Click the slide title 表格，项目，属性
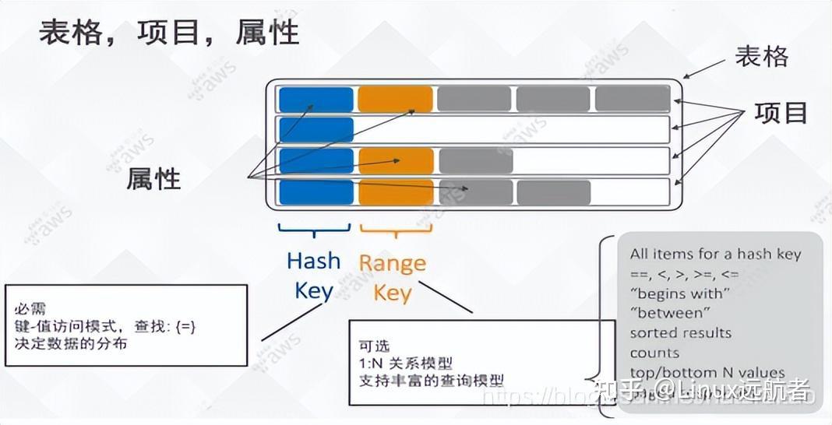point(169,33)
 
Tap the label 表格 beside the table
point(761,57)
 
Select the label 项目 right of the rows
point(781,114)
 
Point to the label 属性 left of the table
point(153,180)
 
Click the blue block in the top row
point(316,99)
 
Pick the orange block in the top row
point(395,99)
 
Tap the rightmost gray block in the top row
point(632,99)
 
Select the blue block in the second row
point(316,129)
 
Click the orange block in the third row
point(396,160)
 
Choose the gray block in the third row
point(474,160)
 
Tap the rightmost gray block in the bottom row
point(553,191)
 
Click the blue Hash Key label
point(314,276)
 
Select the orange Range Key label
point(393,278)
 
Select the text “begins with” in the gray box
point(679,293)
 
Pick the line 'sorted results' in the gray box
point(680,332)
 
